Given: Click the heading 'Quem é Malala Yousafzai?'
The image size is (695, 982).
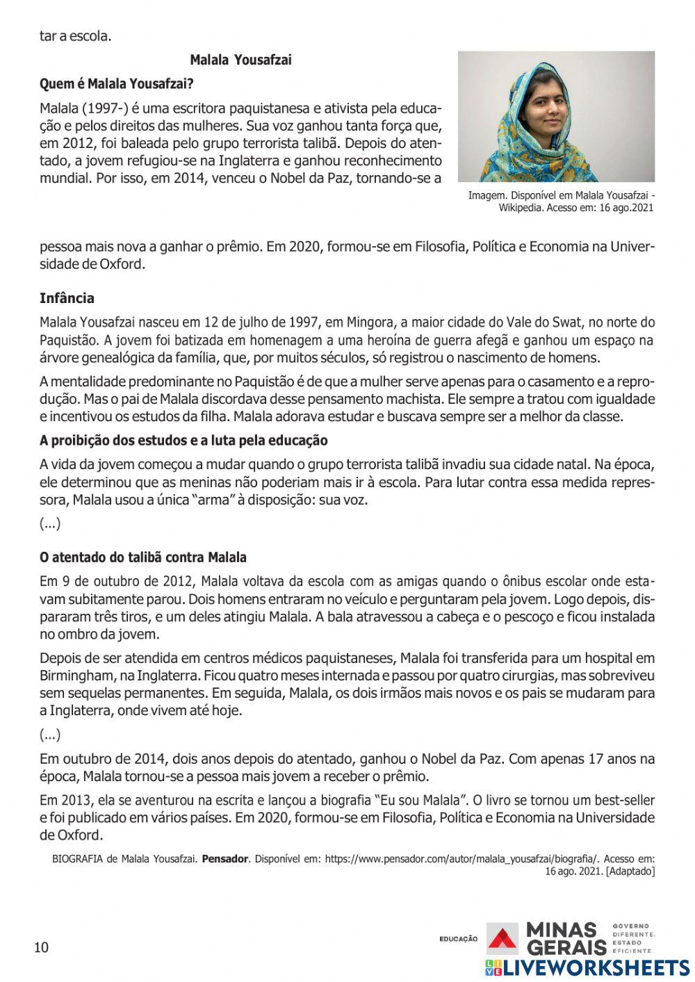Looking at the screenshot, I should coord(116,84).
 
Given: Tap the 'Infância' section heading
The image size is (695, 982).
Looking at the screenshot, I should coord(67,299).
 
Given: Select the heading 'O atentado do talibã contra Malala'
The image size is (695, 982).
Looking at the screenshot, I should coord(143,557).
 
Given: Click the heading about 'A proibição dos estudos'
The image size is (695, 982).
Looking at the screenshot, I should coord(183,441).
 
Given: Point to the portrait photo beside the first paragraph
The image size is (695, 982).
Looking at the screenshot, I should coord(556,116).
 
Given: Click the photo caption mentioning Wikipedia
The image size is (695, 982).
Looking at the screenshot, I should coord(561,202).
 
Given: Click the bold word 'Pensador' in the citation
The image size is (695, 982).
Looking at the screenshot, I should coord(224,859).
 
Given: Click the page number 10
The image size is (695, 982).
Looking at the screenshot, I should coord(42,947).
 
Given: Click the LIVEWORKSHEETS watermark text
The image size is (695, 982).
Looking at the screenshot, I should coord(596,968).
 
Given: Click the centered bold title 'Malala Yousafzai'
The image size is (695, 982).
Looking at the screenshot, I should coord(240,60).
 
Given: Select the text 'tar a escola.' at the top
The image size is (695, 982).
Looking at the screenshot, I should coord(75,36).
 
